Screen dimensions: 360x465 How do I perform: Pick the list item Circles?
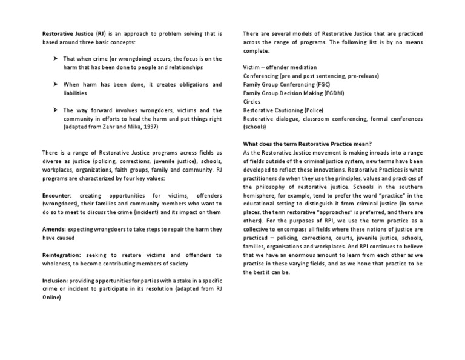[251, 102]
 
